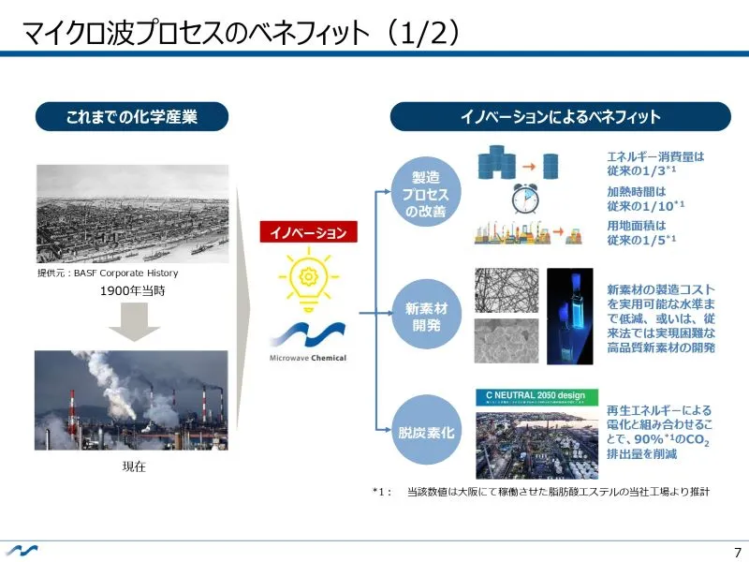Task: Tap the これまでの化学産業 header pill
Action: point(132,117)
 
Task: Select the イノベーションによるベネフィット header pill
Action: point(560,117)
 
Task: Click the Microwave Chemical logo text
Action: point(308,358)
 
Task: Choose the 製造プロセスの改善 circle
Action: point(425,194)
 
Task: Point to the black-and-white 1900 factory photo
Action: point(131,213)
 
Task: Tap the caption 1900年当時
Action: point(133,291)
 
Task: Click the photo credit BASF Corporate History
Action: point(107,274)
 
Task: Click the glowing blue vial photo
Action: point(569,316)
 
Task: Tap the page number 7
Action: point(737,552)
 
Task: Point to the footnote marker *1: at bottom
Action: point(381,491)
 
